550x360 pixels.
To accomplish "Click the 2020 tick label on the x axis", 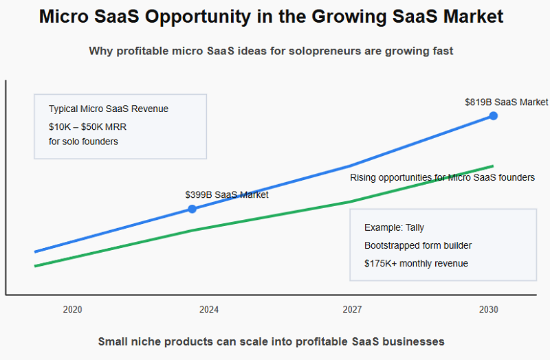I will click(x=72, y=310).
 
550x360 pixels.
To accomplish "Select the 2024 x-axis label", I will click(x=209, y=310).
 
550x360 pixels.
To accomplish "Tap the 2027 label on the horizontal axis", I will click(x=352, y=310).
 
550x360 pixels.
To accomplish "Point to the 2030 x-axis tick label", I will click(x=489, y=310).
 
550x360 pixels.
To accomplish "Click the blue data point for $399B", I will click(x=192, y=209).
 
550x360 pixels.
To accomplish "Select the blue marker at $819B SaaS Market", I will click(x=493, y=116).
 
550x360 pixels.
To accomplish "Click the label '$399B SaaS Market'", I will click(x=226, y=194).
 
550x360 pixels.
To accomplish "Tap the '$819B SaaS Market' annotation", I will click(x=506, y=102).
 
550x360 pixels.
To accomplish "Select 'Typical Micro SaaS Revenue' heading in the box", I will click(x=108, y=109).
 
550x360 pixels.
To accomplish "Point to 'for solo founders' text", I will click(x=83, y=142).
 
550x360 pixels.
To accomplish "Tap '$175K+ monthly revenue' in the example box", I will click(x=416, y=263).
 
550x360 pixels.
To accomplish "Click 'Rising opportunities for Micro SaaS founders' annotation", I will click(x=442, y=178).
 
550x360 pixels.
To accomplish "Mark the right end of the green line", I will click(x=493, y=166).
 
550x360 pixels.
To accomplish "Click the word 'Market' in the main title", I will click(x=472, y=17).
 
